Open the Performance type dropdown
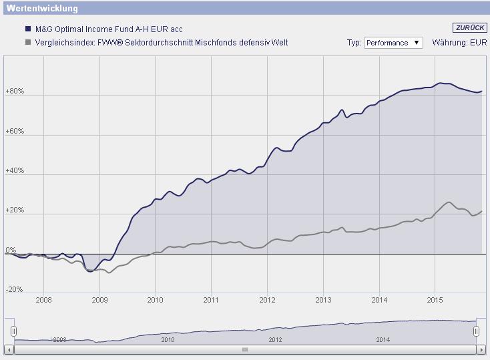tap(393, 43)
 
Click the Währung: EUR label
tap(460, 43)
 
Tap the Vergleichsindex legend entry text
tap(160, 43)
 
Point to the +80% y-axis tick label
tap(15, 92)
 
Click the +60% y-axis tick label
tap(15, 132)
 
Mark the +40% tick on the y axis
tap(15, 171)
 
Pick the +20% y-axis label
tap(15, 210)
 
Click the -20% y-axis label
tap(14, 290)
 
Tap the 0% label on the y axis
tap(11, 250)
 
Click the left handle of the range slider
tap(13, 331)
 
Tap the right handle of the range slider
tap(476, 331)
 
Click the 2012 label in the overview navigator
tap(275, 339)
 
